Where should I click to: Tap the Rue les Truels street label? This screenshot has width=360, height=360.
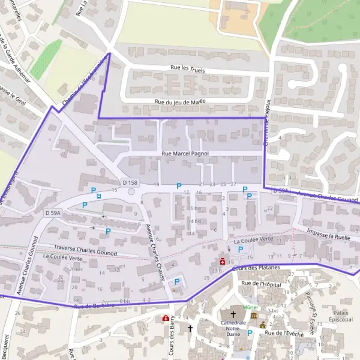click(188, 70)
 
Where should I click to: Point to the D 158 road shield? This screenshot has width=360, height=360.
click(130, 182)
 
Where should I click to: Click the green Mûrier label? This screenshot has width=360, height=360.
click(251, 307)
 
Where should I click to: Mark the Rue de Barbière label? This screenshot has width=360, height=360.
click(94, 307)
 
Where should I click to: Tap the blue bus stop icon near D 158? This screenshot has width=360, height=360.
click(98, 194)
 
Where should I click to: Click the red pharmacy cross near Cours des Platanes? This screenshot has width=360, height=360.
click(223, 262)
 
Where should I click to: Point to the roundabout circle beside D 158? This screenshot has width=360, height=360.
click(131, 192)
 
